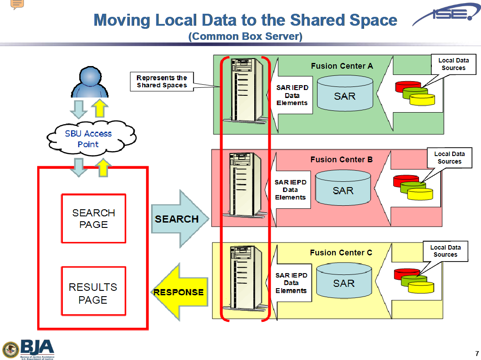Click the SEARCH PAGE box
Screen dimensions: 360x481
(x=93, y=219)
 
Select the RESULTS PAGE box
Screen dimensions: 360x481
(x=93, y=293)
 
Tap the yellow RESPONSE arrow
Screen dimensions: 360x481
(x=179, y=292)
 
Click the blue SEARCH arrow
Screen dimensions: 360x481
(x=179, y=219)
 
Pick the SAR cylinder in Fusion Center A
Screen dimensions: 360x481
(x=345, y=94)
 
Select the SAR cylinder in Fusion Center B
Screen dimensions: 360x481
(x=343, y=188)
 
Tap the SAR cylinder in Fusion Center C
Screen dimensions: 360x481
(x=344, y=282)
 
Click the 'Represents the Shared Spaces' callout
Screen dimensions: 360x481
(x=162, y=82)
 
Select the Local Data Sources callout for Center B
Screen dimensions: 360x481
(x=450, y=158)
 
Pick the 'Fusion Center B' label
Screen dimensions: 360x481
(x=341, y=160)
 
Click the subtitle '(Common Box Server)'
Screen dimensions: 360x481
(x=245, y=36)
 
